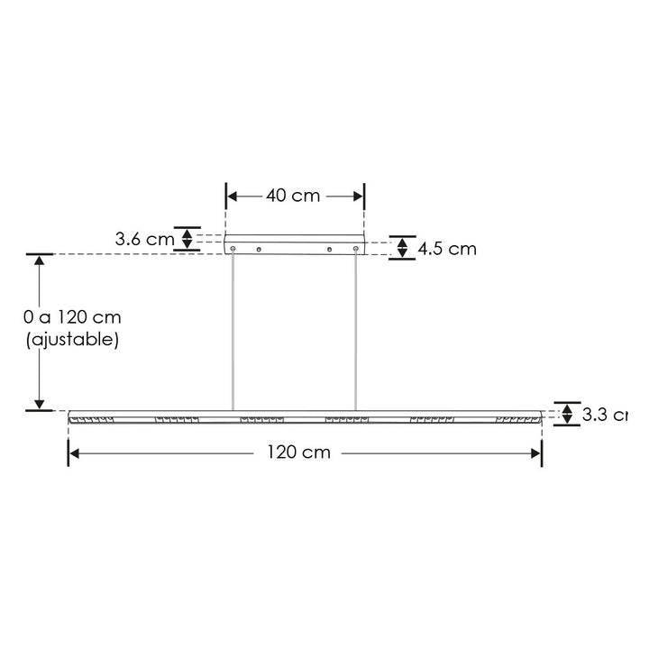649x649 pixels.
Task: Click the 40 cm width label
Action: tap(294, 197)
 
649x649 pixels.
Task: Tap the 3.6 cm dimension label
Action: tap(144, 240)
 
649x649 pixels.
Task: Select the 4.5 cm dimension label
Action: tap(444, 249)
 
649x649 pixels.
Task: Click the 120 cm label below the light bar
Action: tap(298, 452)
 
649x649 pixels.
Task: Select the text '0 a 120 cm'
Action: tap(72, 317)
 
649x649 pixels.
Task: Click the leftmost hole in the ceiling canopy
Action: tap(233, 248)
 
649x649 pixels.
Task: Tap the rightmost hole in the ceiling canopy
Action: tap(357, 248)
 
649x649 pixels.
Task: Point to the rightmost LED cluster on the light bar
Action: tap(517, 420)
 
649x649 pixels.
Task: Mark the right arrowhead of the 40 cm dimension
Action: tap(358, 197)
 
